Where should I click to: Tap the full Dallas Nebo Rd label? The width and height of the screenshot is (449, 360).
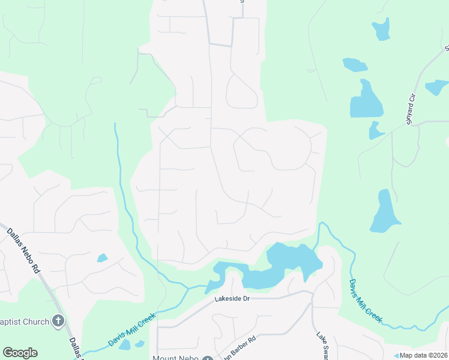(x=23, y=250)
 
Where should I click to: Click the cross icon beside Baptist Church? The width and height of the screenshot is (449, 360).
(x=58, y=321)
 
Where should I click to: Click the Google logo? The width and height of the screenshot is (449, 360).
(x=20, y=352)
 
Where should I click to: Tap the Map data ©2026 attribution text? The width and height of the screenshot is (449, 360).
(x=423, y=355)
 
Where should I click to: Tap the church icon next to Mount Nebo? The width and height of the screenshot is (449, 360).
(x=207, y=358)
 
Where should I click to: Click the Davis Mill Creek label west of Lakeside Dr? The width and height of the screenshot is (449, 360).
(x=132, y=329)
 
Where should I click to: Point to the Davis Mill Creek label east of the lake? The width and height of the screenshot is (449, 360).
(x=366, y=301)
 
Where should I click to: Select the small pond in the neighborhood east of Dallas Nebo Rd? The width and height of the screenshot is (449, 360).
(x=103, y=258)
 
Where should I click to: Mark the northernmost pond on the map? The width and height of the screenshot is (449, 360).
(x=381, y=29)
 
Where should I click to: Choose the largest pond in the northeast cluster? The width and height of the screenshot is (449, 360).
(x=366, y=101)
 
